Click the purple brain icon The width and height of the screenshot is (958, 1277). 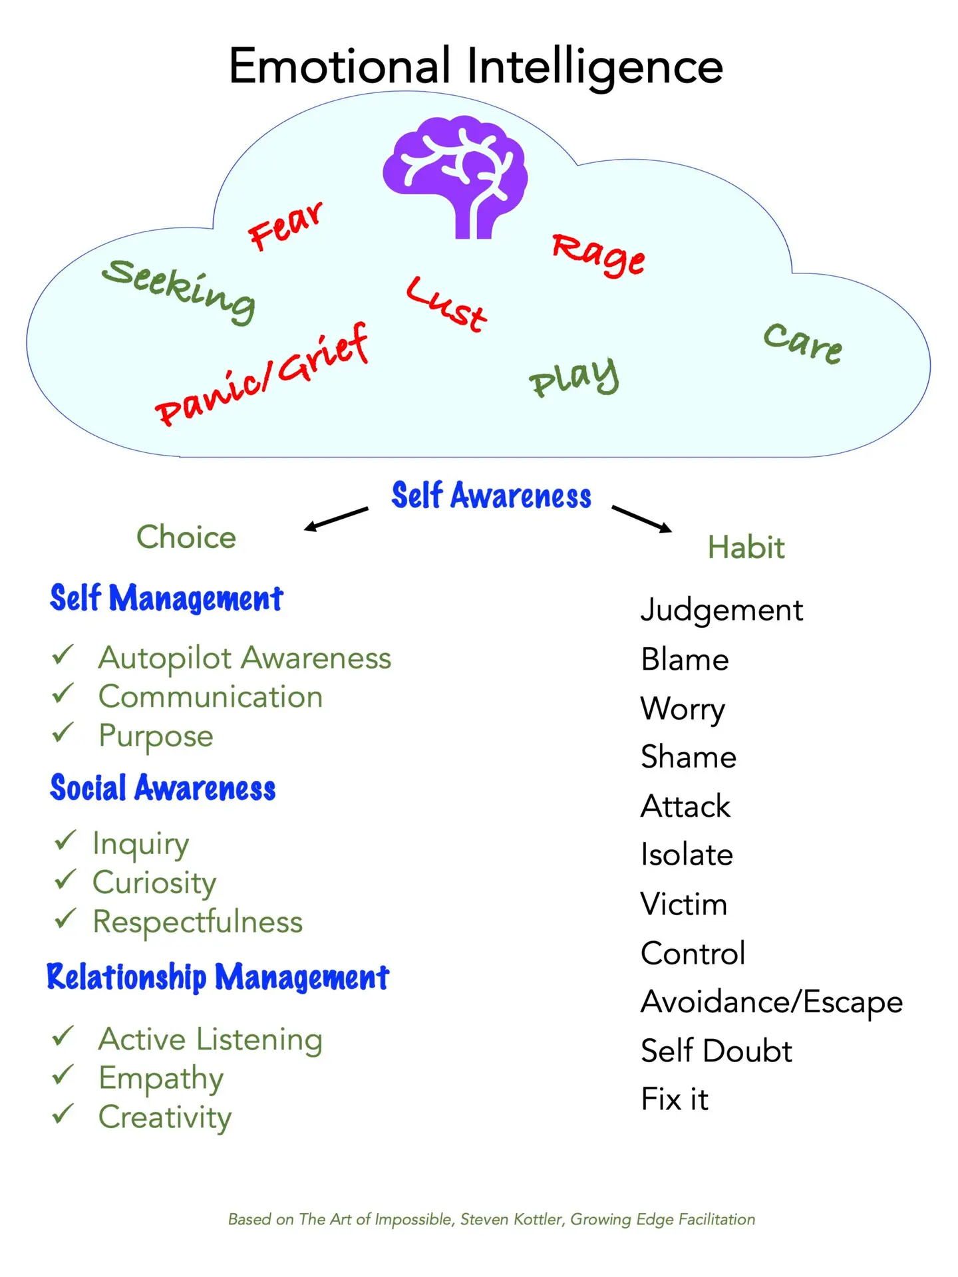point(456,176)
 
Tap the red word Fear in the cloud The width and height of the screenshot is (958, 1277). point(285,227)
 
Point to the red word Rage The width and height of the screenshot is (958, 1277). point(598,255)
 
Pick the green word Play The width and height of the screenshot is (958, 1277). point(574,378)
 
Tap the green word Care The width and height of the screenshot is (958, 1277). point(802,344)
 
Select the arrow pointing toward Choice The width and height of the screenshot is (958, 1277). point(336,519)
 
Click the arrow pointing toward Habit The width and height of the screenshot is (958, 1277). point(641,519)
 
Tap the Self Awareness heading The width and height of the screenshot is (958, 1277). point(491,496)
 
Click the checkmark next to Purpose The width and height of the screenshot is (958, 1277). point(63,733)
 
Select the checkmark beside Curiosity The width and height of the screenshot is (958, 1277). point(65,880)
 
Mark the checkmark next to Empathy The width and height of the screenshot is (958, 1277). point(63,1075)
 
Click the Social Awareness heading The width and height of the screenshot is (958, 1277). point(163,788)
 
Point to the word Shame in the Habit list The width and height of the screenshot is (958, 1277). point(689,757)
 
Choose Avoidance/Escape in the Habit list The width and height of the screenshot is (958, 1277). point(772,1002)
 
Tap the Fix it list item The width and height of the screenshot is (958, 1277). point(675,1099)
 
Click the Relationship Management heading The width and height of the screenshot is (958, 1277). point(218,978)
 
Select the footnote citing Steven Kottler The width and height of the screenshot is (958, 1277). point(492,1219)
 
